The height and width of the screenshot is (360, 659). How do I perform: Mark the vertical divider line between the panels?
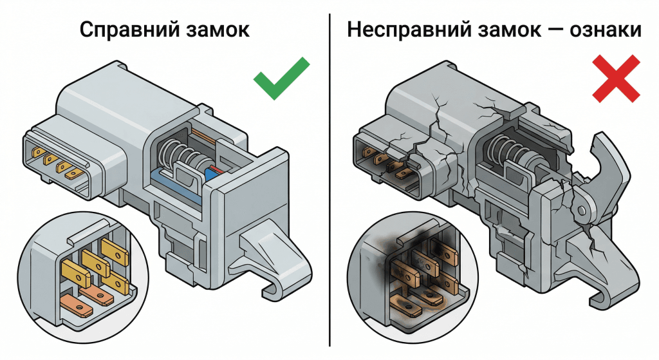coord(329,180)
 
